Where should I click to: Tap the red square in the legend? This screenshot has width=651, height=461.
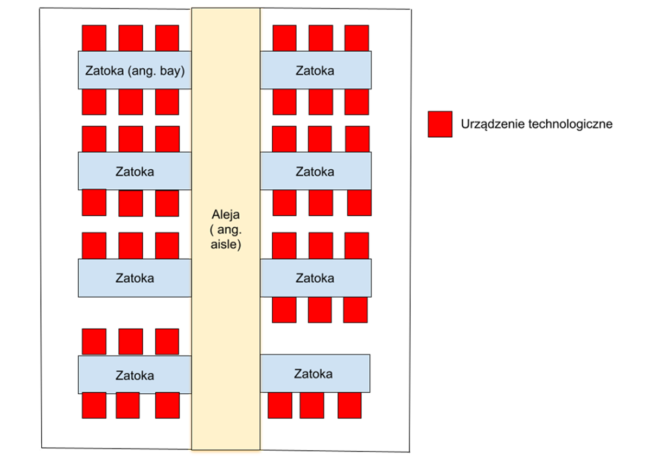coord(439,124)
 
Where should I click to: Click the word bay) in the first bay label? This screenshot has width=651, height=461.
coord(172,71)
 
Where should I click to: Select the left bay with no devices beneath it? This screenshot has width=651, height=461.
coord(135,278)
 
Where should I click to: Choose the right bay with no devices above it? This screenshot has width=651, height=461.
coord(315,374)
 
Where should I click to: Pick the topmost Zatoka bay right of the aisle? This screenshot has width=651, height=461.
coord(315,70)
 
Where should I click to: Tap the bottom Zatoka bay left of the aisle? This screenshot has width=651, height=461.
coord(135,375)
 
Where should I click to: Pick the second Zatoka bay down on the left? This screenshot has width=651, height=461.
coord(135,171)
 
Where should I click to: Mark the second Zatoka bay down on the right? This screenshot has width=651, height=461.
coord(315,171)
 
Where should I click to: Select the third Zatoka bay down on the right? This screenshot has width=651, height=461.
coord(315,278)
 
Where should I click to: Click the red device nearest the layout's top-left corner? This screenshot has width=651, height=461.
coord(94,38)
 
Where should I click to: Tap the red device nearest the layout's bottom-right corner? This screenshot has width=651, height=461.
coord(349,405)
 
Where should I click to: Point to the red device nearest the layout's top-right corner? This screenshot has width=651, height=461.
coord(356,38)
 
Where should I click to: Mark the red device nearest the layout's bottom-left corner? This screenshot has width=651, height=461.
coord(94,405)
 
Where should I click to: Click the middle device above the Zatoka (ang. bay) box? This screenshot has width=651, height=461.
coord(131,38)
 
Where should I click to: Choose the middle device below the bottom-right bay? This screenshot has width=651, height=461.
coord(312,405)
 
